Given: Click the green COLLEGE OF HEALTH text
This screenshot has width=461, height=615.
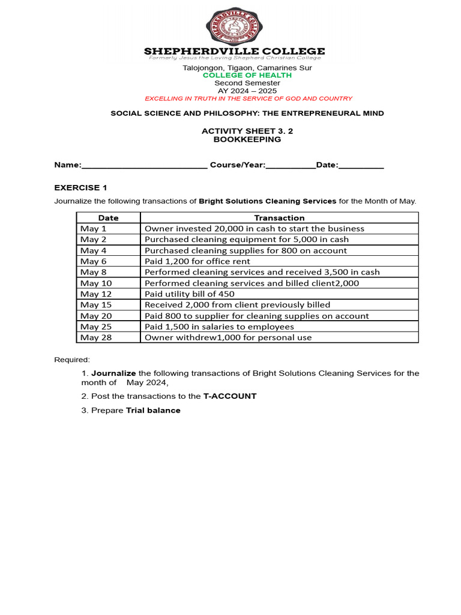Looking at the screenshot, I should coord(247,75).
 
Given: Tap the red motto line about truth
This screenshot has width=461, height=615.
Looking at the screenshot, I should coord(249,98).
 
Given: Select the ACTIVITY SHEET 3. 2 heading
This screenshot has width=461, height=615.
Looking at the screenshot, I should coord(247,130).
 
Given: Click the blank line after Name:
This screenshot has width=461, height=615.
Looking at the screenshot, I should coord(144,165).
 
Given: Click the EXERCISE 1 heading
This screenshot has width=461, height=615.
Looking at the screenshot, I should coord(80,187).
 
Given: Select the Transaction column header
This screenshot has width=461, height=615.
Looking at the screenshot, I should coord(279,218).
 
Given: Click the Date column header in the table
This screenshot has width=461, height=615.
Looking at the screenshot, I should coord(109,218).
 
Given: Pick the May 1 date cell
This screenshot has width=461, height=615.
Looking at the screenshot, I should coord(94,229).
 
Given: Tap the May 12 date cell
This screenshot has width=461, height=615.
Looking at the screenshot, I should coord(96,294).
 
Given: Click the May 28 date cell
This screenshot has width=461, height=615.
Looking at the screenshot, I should coord(96,337).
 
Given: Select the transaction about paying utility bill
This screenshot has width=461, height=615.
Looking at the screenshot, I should coord(190,294).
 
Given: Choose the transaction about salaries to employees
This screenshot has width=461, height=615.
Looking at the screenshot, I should coord(219,326).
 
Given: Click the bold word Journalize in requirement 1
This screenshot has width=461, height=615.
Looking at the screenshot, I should coord(113,373).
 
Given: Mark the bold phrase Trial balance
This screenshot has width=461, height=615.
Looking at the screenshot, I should coord(153,410).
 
